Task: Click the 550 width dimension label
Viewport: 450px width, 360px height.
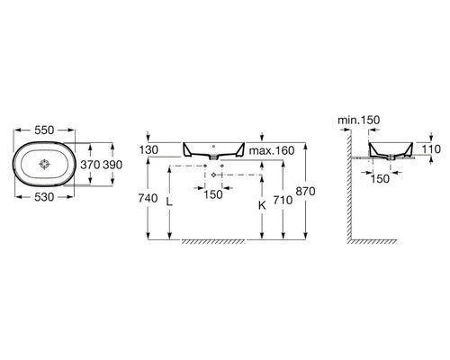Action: (x=44, y=130)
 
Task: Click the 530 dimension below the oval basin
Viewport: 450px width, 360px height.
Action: (x=44, y=197)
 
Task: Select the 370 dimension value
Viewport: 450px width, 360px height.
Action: (x=90, y=165)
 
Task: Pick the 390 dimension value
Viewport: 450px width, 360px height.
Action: (x=112, y=165)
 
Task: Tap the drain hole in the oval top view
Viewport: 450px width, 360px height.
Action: (x=44, y=164)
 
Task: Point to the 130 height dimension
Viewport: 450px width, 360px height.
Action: (x=148, y=149)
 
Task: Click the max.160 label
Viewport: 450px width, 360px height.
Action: (x=272, y=150)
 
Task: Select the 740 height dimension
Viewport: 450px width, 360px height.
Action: (x=148, y=198)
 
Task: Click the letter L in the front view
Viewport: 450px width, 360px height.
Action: (x=169, y=202)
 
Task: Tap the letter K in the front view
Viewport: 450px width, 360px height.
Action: (x=262, y=205)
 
